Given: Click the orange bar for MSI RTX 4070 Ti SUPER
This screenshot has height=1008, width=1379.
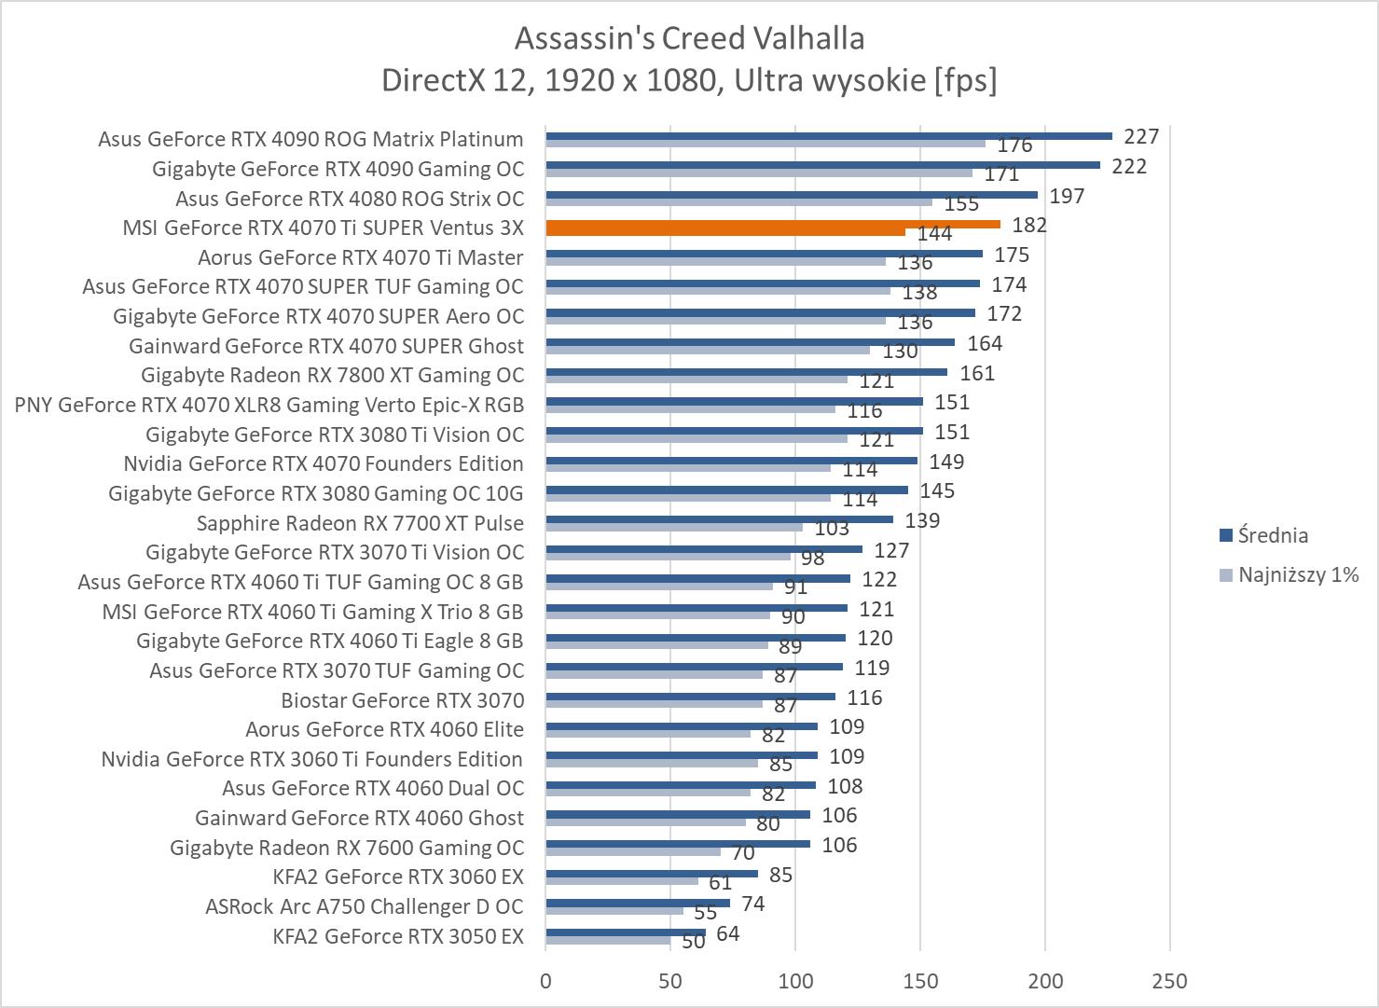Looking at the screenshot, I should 772,225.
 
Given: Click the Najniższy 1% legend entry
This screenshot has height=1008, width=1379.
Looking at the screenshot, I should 1297,574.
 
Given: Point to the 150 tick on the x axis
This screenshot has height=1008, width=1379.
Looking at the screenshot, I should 920,980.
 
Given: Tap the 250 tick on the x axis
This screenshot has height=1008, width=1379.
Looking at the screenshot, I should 1170,980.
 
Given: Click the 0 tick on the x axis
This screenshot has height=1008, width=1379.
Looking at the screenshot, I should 545,980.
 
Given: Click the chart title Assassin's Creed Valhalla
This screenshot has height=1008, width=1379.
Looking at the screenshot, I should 689,38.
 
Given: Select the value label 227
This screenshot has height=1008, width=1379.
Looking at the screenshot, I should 1141,136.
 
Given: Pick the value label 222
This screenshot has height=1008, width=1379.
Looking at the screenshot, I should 1129,166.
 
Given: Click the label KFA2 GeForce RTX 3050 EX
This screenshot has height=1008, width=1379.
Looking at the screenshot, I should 398,935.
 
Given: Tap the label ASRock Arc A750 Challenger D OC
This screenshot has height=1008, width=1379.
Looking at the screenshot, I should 365,905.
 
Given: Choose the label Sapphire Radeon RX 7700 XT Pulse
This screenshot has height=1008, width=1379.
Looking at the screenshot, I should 360,522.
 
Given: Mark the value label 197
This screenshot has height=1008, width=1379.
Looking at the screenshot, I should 1067,195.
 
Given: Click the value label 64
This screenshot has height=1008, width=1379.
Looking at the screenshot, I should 728,932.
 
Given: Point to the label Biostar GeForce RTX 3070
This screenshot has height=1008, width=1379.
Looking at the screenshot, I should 403,699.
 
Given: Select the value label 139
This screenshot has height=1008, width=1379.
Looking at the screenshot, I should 922,520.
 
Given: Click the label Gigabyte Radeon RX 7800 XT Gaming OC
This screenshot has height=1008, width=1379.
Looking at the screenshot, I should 333,375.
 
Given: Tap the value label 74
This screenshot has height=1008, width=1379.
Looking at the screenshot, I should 752,904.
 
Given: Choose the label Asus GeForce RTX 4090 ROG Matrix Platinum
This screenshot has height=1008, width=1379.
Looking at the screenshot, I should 310,139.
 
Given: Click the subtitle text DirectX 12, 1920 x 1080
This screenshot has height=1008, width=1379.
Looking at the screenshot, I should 550,81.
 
